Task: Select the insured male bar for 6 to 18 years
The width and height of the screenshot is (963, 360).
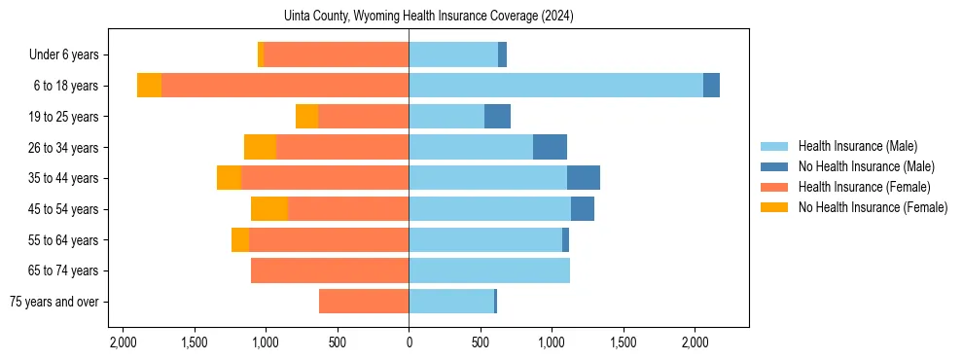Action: point(555,86)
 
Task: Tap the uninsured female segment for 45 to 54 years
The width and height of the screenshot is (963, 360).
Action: point(269,209)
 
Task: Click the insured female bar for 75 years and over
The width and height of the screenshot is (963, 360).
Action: point(364,302)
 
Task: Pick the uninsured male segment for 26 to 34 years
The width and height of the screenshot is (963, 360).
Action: point(550,147)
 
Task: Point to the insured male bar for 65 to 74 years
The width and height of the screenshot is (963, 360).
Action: point(489,270)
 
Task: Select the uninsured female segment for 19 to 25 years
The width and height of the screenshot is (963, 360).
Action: point(306,117)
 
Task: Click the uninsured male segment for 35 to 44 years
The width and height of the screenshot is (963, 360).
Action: point(584,178)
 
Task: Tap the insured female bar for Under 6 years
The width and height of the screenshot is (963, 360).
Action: point(336,54)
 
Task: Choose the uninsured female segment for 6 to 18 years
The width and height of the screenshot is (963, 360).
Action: point(149,86)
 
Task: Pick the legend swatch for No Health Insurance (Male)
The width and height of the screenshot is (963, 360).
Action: point(774,166)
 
